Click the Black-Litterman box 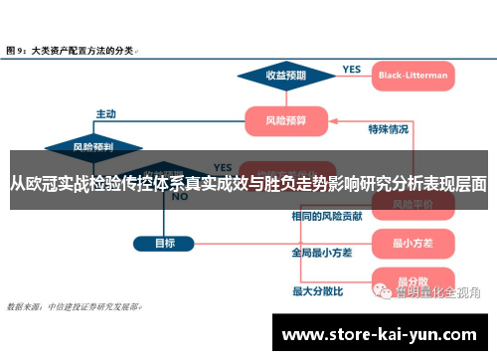[413, 75]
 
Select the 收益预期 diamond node [285, 75]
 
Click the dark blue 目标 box [165, 243]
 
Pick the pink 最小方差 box [412, 242]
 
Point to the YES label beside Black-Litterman [352, 69]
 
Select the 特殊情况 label [388, 129]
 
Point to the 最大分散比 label [317, 291]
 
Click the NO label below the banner [181, 197]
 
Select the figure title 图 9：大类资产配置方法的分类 [72, 48]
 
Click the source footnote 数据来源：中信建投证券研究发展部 [74, 307]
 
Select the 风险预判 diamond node [92, 146]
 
